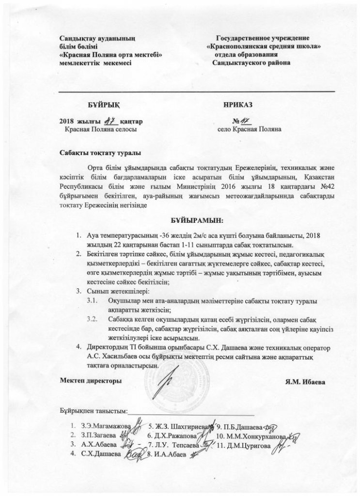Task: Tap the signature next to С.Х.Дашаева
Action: tap(137, 454)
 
